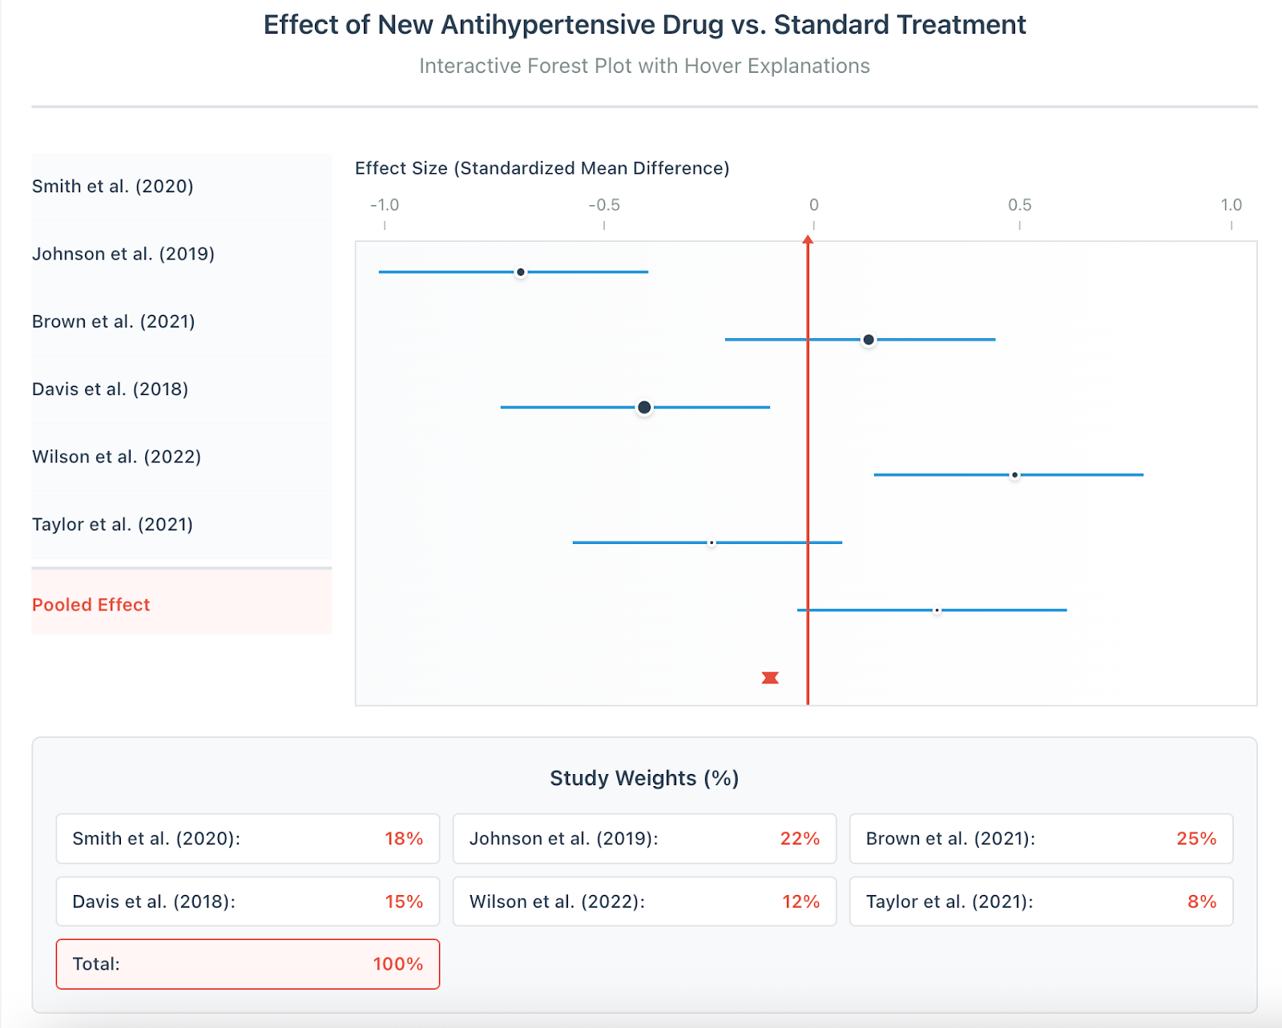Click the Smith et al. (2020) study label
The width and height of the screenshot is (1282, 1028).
tap(113, 187)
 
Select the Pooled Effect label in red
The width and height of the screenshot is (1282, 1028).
tap(91, 605)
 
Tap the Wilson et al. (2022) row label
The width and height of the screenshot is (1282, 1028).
tap(117, 457)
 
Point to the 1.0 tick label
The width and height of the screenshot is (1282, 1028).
tap(1231, 205)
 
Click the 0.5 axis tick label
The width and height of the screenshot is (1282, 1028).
tap(1019, 205)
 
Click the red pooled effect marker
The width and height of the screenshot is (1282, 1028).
tap(770, 678)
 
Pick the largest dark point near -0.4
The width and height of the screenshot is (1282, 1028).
tap(644, 408)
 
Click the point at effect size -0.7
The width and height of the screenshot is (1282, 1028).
tap(521, 272)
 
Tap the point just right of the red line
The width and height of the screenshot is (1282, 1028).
tap(869, 340)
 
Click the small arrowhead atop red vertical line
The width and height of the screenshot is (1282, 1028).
tap(808, 240)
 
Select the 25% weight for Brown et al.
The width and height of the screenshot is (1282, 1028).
tap(1195, 839)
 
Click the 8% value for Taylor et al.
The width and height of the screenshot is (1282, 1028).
tap(1201, 902)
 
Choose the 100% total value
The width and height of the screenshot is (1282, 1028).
tap(397, 964)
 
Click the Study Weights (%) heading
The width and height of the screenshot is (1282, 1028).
tap(644, 778)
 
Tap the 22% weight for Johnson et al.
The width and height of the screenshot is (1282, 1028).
tap(800, 839)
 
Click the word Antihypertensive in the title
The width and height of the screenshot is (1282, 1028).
tap(582, 25)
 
